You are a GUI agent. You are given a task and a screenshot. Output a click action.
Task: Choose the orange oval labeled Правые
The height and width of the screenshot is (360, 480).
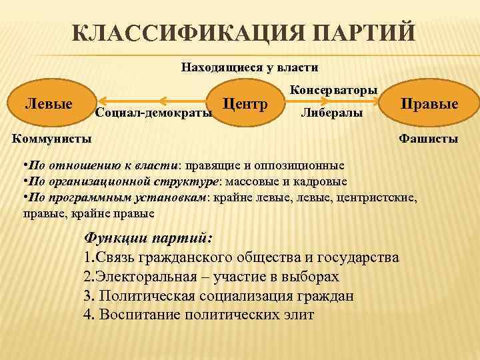click(x=429, y=105)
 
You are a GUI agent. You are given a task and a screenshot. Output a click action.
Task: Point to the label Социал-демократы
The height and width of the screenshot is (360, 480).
click(x=154, y=112)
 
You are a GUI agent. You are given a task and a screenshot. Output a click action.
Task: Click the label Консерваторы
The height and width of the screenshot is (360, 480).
click(x=334, y=89)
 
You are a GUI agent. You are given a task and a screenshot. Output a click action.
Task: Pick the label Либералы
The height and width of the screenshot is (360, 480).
click(x=332, y=113)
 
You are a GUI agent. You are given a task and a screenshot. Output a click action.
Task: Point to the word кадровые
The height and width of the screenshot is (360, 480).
click(x=325, y=181)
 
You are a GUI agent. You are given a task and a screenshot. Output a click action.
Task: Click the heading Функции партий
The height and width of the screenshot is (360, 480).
click(x=149, y=238)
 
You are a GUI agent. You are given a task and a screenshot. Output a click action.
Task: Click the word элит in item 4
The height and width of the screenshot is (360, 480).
click(x=299, y=315)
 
